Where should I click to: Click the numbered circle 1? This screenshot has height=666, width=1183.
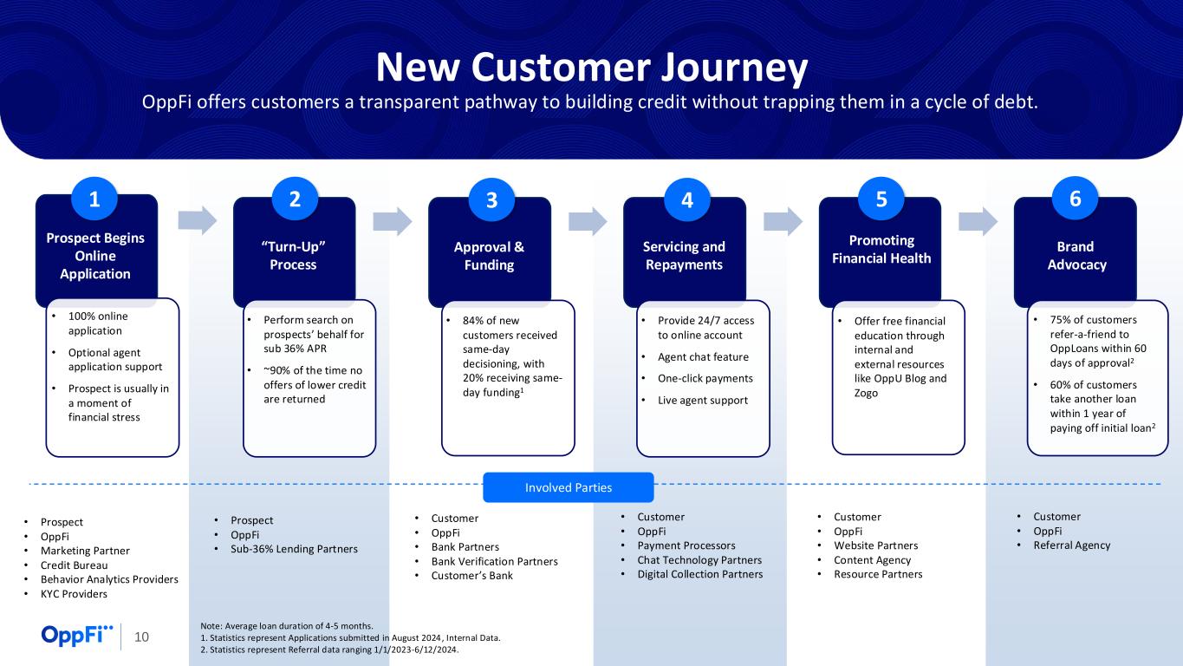94,199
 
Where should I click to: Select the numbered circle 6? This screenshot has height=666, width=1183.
1076,199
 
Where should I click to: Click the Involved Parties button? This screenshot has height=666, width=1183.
568,487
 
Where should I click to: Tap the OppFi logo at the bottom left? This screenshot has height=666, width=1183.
77,636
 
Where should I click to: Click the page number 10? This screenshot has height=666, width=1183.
141,637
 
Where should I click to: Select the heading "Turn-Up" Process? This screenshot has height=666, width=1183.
294,256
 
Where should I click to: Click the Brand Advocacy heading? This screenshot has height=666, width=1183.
1076,256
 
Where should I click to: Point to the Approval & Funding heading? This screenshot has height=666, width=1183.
490,256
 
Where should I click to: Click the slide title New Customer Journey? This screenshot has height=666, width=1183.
591,67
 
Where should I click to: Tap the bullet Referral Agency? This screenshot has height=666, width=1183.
1071,545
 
